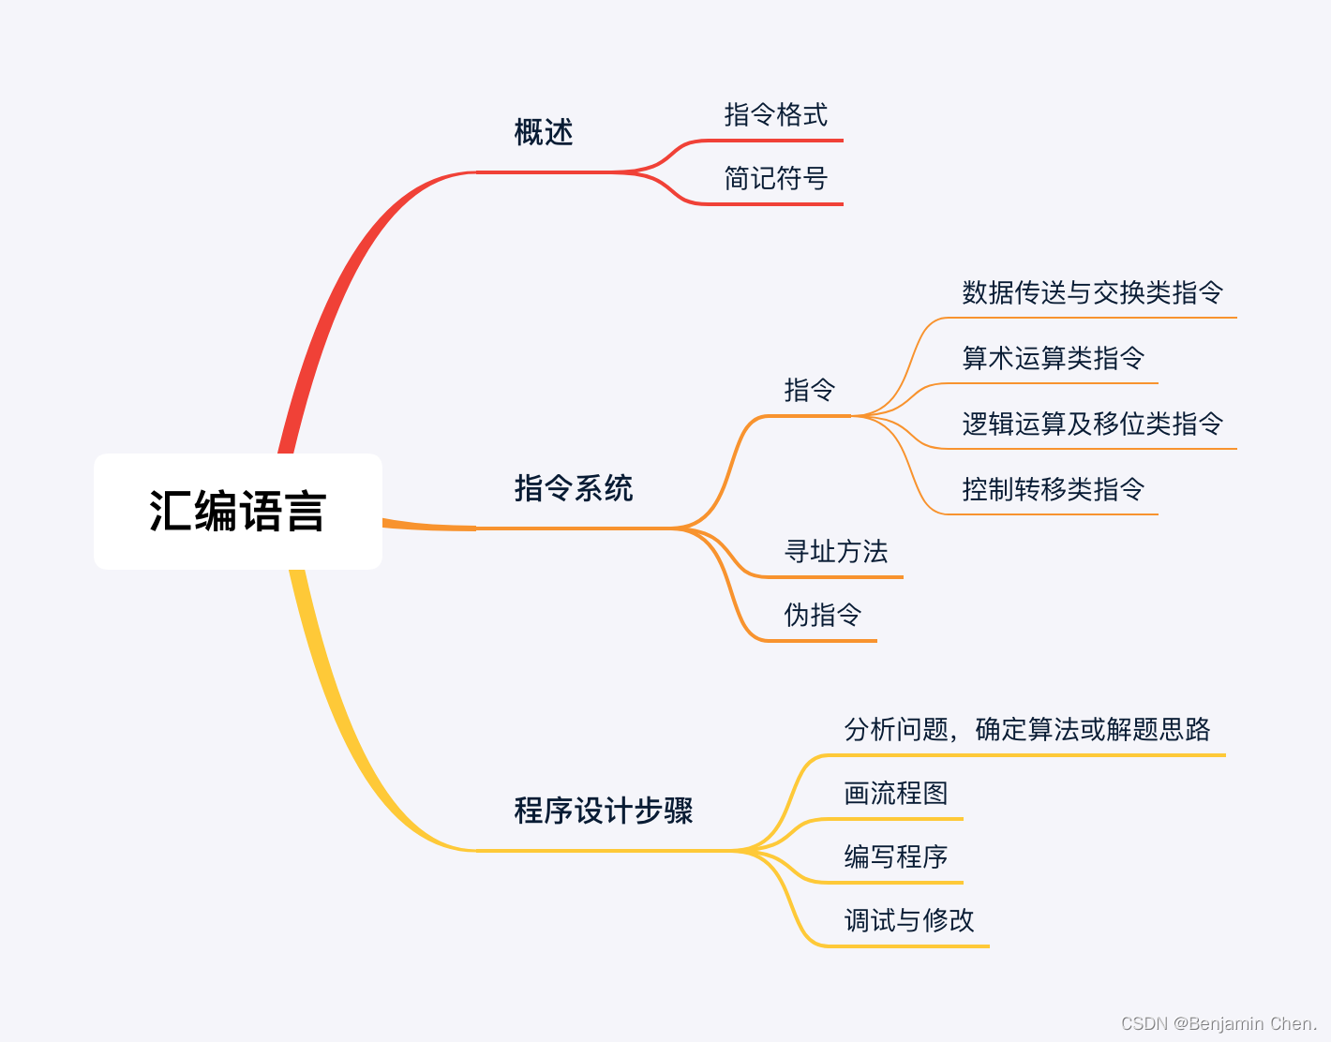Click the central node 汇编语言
[237, 512]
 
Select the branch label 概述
[544, 132]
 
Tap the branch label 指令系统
[574, 488]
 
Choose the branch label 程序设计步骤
[604, 811]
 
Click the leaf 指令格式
[776, 115]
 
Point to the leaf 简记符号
[776, 178]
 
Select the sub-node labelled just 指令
[810, 390]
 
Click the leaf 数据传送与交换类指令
[1093, 292]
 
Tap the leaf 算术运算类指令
[1054, 358]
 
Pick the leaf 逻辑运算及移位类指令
[1093, 424]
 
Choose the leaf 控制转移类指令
[1054, 489]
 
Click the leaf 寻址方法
[836, 552]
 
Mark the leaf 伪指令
[823, 615]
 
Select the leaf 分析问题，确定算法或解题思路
[1027, 729]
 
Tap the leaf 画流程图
[896, 794]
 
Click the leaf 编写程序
[896, 856]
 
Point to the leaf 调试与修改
[909, 920]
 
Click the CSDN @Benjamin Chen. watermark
[1219, 1023]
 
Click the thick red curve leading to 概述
[337, 281]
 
